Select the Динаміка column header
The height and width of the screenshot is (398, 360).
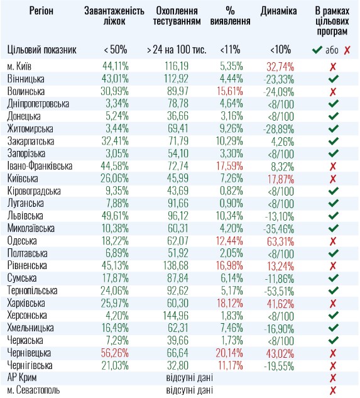pyautogui.click(x=278, y=12)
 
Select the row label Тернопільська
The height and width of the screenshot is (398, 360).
pyautogui.click(x=33, y=290)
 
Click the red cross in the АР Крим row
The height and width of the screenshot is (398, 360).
pyautogui.click(x=333, y=378)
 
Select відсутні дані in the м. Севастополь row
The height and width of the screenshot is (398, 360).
pyautogui.click(x=188, y=390)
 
